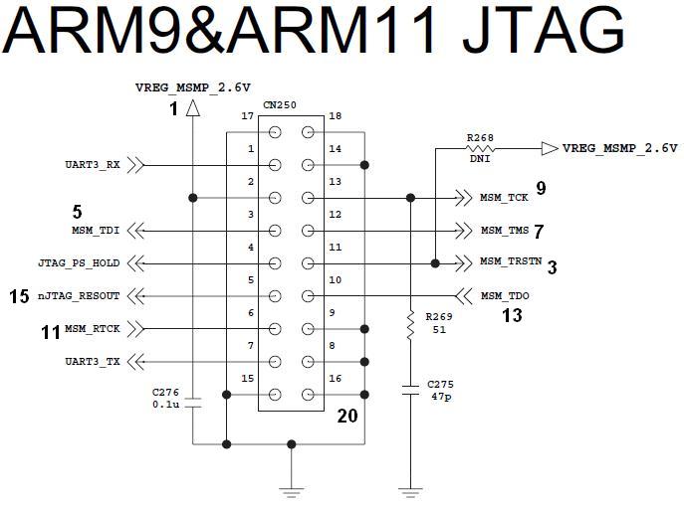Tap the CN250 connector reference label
coord(281,104)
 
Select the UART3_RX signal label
coord(93,166)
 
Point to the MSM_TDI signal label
coord(95,231)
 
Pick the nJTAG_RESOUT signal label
coord(79,296)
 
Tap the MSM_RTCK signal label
coord(92,329)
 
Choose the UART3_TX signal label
coord(93,362)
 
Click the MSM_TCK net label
coord(504,198)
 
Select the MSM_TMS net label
coord(504,231)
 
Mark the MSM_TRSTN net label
coord(511,263)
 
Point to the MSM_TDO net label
coord(505,296)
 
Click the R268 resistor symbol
coord(479,148)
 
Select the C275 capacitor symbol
coord(409,392)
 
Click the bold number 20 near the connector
coord(346,416)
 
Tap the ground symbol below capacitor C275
coord(409,489)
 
